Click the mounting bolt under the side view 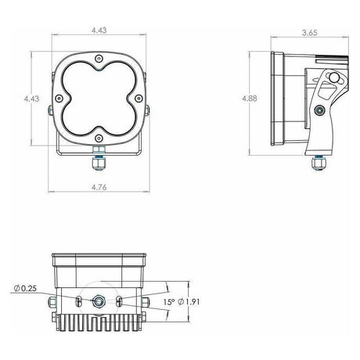point(318,160)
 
